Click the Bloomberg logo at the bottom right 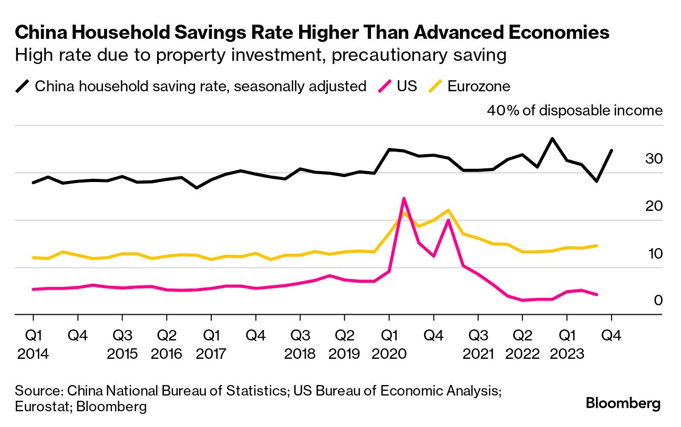623,403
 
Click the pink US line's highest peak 404,198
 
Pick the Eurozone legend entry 478,86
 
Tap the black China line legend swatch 23,86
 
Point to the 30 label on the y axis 655,158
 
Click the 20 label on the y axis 655,206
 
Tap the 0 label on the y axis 658,301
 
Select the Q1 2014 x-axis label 33,344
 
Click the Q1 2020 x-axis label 389,344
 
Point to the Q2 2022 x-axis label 522,344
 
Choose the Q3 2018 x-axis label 300,344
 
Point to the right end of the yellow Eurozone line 596,245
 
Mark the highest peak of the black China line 552,138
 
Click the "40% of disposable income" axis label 575,111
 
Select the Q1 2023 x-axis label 566,344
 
